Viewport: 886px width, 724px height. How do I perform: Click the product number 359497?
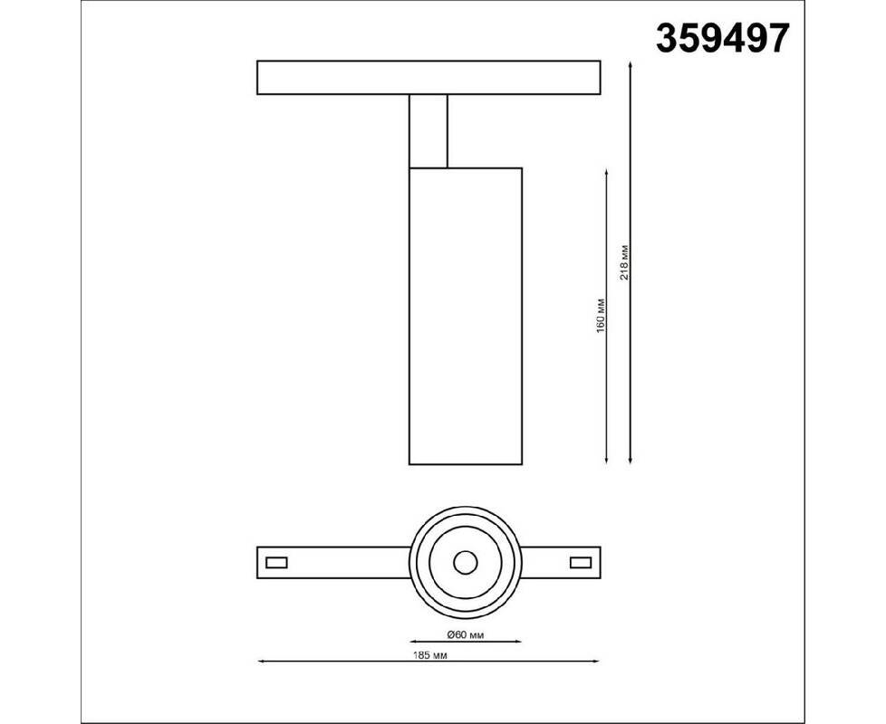pos(722,38)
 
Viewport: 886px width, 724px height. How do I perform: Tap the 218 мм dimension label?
pos(624,263)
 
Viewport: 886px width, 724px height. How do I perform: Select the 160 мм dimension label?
pos(600,316)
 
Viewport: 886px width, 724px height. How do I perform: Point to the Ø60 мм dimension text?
pos(465,634)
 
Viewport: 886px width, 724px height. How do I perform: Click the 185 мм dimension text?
pos(430,655)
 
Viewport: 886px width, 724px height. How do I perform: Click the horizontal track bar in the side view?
pos(429,77)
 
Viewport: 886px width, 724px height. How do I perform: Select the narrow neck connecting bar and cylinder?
pos(429,131)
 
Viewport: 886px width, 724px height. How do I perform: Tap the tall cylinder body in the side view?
pos(465,316)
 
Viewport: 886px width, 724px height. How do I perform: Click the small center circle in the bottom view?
pos(465,563)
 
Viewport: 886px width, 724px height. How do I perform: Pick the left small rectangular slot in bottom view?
pos(276,563)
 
